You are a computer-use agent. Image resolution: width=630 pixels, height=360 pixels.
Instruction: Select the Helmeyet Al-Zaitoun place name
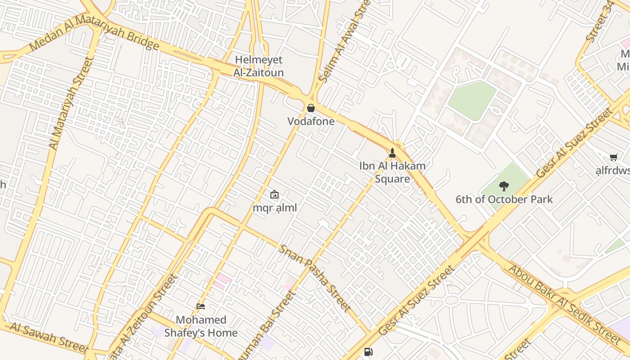258,66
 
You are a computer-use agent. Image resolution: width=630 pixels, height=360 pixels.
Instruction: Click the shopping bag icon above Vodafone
310,108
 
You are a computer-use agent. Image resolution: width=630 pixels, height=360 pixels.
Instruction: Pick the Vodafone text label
311,121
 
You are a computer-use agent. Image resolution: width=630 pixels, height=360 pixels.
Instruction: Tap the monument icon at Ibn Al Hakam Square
392,153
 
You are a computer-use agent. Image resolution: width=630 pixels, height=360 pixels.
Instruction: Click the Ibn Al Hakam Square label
392,172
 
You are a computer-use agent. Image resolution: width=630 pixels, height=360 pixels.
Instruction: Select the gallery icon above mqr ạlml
274,194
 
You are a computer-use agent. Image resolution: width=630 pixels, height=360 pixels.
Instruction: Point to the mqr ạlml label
274,208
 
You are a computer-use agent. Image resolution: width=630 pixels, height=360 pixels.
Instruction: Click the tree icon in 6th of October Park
504,186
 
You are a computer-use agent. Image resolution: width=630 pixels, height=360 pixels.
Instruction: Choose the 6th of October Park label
504,199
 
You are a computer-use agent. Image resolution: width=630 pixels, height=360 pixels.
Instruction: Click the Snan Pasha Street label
315,278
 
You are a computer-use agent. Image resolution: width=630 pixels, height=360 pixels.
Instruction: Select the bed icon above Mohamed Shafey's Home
201,306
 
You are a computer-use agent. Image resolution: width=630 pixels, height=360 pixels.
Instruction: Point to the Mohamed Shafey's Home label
201,326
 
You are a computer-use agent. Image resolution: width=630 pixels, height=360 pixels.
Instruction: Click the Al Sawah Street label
49,337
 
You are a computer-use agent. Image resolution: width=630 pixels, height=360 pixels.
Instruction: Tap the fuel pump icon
368,352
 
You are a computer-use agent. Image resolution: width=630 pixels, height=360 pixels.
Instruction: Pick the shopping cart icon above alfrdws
613,157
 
